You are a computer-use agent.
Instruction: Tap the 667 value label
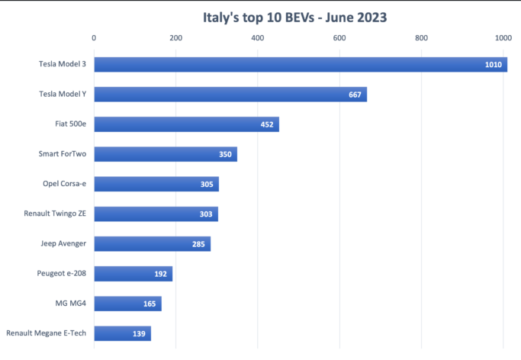pos(355,95)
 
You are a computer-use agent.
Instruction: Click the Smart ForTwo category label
pos(63,154)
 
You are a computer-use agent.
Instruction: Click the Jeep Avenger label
pos(63,244)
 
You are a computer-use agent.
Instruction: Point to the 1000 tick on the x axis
pos(502,37)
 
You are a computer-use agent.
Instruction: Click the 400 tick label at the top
pos(257,37)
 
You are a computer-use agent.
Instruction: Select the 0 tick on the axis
pos(94,37)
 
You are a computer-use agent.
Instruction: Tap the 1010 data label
pos(494,65)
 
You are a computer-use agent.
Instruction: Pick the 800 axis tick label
pos(420,37)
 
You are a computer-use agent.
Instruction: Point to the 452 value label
pos(267,124)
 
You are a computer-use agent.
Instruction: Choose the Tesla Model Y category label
pos(63,95)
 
